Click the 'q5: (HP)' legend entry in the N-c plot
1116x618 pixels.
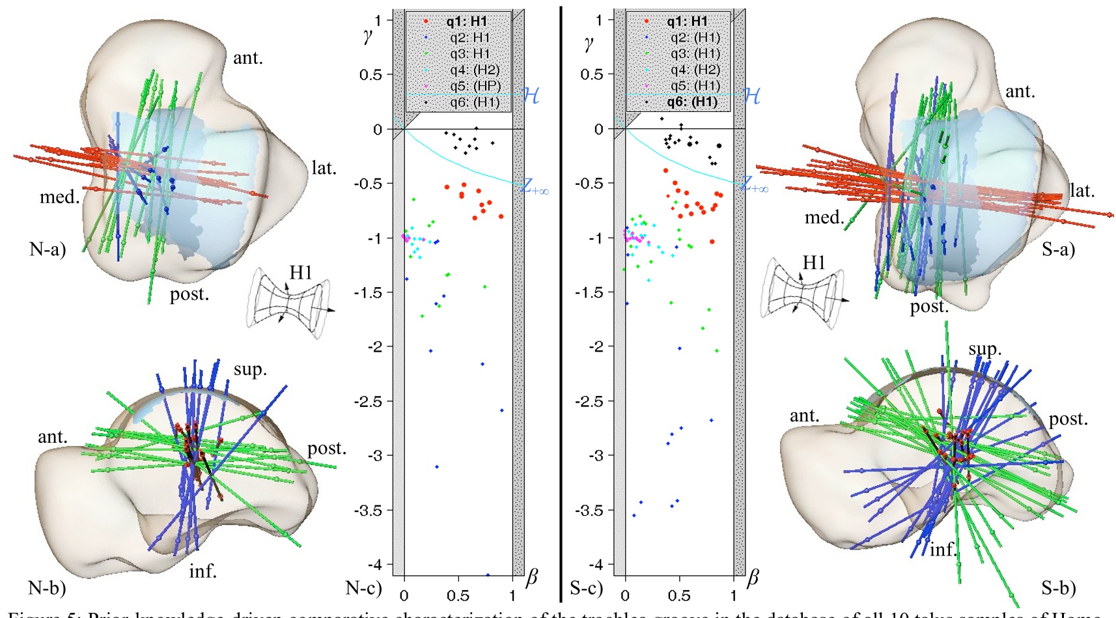point(475,86)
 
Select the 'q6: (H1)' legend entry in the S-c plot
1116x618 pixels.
point(691,102)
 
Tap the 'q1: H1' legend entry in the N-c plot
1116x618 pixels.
point(466,21)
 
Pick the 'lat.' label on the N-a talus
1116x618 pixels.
point(324,168)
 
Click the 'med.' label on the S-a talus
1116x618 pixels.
point(824,217)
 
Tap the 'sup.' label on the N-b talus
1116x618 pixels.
point(250,369)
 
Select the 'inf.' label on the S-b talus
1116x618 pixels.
point(943,550)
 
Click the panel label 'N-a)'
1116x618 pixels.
point(48,249)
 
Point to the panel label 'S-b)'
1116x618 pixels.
point(1058,588)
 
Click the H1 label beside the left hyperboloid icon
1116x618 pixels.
point(301,272)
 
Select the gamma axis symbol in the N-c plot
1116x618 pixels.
point(368,36)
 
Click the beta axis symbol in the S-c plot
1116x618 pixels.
point(753,577)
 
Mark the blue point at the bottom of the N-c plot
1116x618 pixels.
point(488,575)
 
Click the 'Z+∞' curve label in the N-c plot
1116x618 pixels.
point(535,187)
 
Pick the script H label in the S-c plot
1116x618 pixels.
point(751,96)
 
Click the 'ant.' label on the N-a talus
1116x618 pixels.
point(248,58)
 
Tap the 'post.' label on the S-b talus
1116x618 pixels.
point(1068,419)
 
